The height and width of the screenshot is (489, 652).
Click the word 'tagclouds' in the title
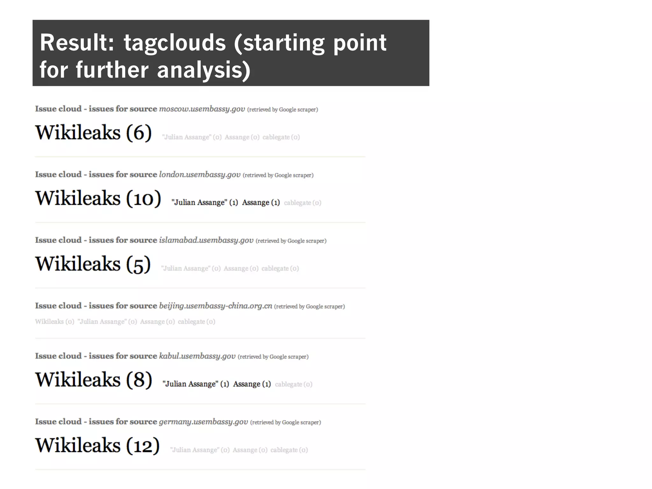[x=175, y=43]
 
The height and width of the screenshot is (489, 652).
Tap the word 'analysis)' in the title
[x=204, y=70]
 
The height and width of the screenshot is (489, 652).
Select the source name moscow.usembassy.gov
[x=202, y=109]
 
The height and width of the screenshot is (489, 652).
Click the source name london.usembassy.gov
[x=200, y=174]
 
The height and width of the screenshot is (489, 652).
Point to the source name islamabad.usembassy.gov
[x=206, y=240]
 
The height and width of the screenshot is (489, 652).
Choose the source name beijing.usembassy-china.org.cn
[x=216, y=306]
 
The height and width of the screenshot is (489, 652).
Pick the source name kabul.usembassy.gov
[x=197, y=356]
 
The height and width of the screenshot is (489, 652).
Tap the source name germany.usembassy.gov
[x=203, y=422]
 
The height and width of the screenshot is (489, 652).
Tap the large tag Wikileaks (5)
[x=93, y=264]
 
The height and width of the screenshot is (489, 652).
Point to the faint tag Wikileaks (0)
[x=54, y=322]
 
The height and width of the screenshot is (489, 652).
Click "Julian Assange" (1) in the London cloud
[x=204, y=202]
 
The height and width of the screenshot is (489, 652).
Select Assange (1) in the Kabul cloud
[x=252, y=384]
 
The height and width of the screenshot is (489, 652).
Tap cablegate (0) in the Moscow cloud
[x=281, y=137]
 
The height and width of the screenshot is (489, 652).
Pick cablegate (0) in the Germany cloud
[x=289, y=450]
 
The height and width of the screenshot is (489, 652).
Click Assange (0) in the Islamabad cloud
[x=241, y=268]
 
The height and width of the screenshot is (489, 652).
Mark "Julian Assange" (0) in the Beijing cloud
[x=107, y=322]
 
